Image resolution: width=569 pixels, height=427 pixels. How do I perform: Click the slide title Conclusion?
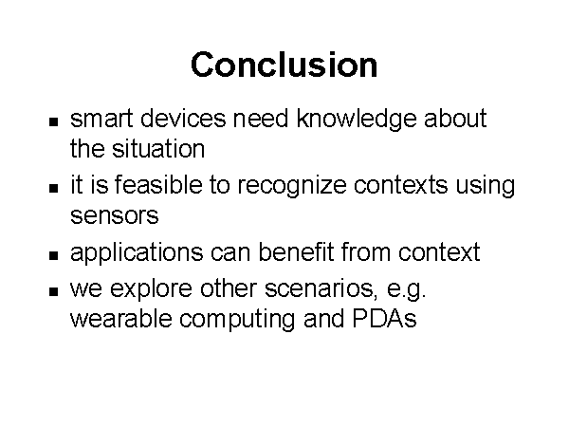click(x=284, y=65)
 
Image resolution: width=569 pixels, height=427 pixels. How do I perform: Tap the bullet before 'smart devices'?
click(x=53, y=121)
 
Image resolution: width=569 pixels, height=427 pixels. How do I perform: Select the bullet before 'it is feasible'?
click(x=53, y=188)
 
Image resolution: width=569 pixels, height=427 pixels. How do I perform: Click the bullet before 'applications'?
click(x=53, y=255)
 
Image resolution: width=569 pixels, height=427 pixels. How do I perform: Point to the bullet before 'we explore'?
click(x=53, y=291)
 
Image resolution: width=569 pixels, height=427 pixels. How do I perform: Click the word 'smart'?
click(x=101, y=119)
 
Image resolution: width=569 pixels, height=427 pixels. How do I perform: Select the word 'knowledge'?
click(x=357, y=119)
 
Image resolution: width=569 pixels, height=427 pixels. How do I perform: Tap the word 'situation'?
click(x=158, y=149)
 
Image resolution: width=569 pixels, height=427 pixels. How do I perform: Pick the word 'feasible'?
click(x=158, y=184)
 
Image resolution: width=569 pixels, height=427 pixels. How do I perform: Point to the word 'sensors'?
click(x=115, y=215)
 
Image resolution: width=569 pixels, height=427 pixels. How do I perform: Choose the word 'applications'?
click(x=137, y=253)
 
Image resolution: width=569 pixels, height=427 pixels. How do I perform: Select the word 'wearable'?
click(x=120, y=319)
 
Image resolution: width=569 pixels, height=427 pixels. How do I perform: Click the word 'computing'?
click(x=237, y=321)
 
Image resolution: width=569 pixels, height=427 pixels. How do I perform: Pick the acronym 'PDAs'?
click(x=384, y=319)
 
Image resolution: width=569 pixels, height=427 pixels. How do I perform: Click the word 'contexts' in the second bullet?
click(x=400, y=185)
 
